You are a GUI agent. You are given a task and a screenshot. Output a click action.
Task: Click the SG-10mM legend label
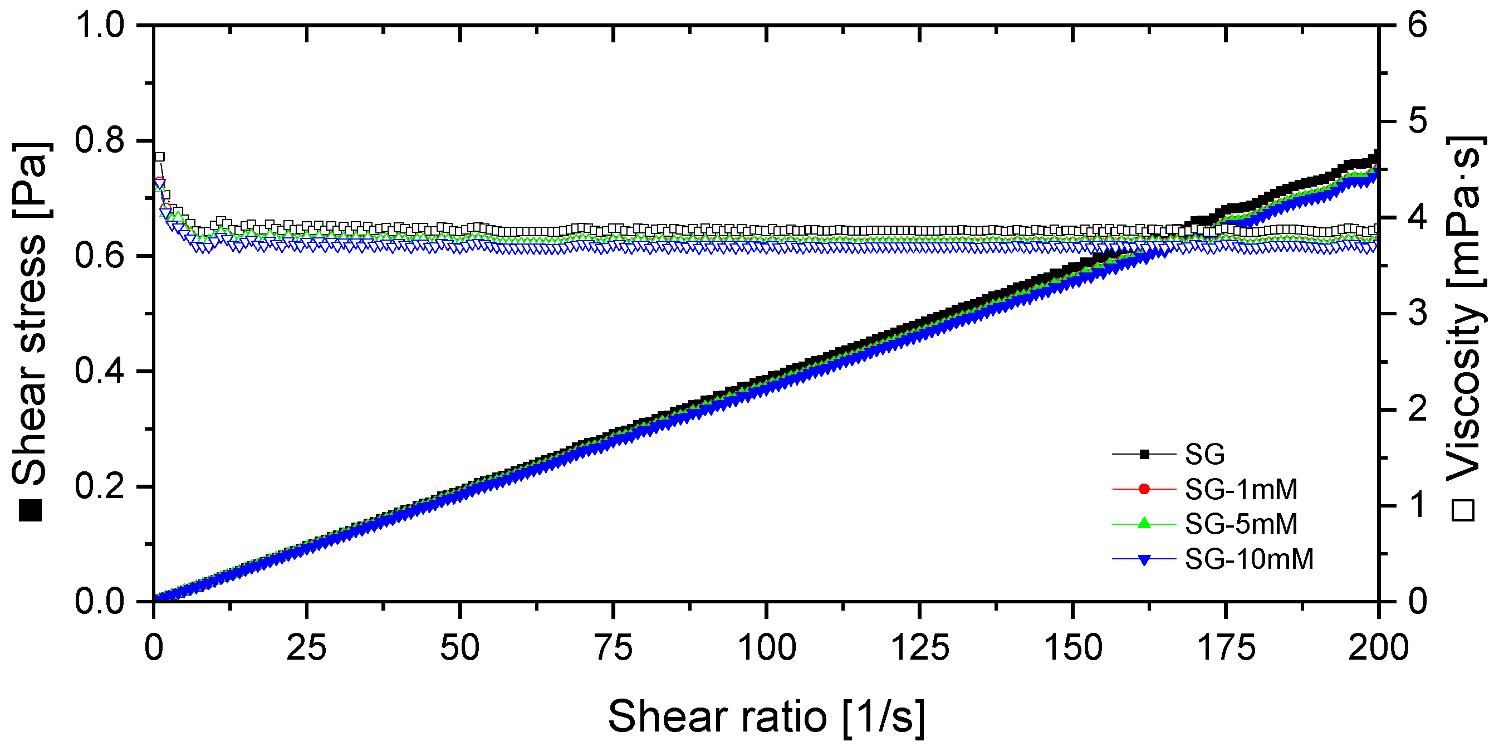coord(1250,559)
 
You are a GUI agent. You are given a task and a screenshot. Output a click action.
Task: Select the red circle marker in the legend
coord(1144,489)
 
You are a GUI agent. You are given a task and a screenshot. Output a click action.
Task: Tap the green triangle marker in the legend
coord(1144,524)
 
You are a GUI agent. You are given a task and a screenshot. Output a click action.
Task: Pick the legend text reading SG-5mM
coord(1241,524)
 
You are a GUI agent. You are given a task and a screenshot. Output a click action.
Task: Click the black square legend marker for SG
coord(1144,454)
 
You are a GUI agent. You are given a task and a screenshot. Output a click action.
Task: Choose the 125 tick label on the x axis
coord(920,647)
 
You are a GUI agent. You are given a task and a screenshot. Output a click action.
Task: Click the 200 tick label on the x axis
coord(1378,647)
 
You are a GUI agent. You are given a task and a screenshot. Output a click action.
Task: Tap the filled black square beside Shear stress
coord(30,510)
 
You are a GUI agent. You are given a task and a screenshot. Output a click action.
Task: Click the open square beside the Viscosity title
coord(1463,510)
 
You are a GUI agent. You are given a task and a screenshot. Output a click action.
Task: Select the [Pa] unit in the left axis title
coord(31,179)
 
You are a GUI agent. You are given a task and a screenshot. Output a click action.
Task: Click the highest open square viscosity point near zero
coord(159,157)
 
